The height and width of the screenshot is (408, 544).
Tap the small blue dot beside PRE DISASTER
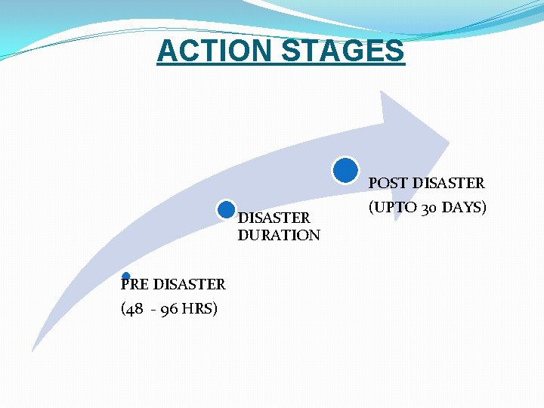pyautogui.click(x=126, y=277)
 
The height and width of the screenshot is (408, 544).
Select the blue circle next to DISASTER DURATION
pyautogui.click(x=224, y=211)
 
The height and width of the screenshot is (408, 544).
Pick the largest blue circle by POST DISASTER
pyautogui.click(x=345, y=170)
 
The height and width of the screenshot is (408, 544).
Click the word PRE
pyautogui.click(x=135, y=284)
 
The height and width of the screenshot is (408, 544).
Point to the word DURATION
pyautogui.click(x=279, y=235)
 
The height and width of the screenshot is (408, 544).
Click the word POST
pyautogui.click(x=388, y=183)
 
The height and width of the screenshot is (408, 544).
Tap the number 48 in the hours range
pyautogui.click(x=134, y=308)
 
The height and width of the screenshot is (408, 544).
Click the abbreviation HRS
pyautogui.click(x=199, y=308)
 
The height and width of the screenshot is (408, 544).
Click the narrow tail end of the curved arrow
pyautogui.click(x=33, y=349)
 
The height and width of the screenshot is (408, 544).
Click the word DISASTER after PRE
pyautogui.click(x=189, y=284)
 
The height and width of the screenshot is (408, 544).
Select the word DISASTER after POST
pyautogui.click(x=447, y=183)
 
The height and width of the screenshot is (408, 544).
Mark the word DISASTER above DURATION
pyautogui.click(x=274, y=218)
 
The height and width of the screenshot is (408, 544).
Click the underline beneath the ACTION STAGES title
pyautogui.click(x=280, y=65)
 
